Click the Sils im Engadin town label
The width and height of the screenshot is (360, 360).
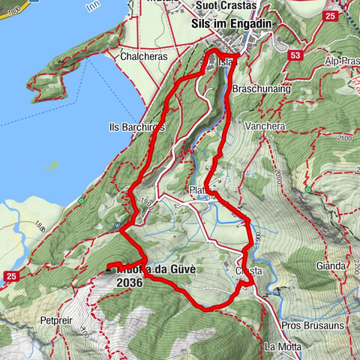226,24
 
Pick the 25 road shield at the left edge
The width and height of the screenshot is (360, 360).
10,277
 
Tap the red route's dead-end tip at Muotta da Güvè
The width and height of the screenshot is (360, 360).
109,266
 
